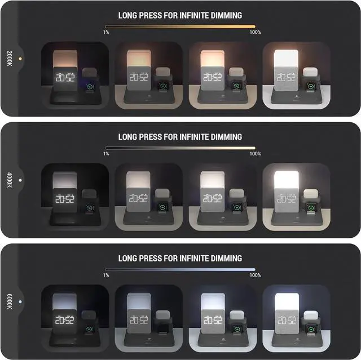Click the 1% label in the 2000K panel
pyautogui.click(x=106, y=33)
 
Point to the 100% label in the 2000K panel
pyautogui.click(x=255, y=33)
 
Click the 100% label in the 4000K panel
pyautogui.click(x=255, y=154)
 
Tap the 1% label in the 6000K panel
pyautogui.click(x=106, y=275)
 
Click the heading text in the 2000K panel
pyautogui.click(x=180, y=15)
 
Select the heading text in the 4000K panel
pyautogui.click(x=180, y=137)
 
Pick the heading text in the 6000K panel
pyautogui.click(x=180, y=259)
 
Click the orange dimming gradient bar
pyautogui.click(x=180, y=26)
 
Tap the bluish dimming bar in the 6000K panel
pyautogui.click(x=180, y=269)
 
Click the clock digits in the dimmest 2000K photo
pyautogui.click(x=65, y=78)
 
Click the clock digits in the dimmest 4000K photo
pyautogui.click(x=65, y=199)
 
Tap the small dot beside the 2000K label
pyautogui.click(x=20, y=58)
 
